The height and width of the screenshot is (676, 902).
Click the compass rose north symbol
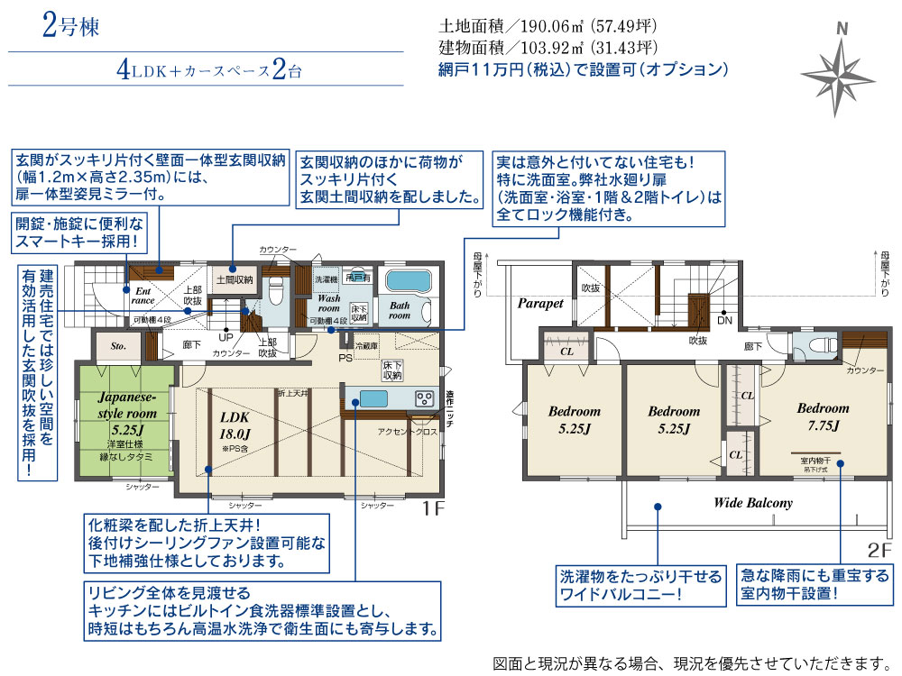841,72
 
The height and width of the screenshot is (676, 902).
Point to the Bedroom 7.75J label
823,416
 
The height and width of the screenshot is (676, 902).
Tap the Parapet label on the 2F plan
540,304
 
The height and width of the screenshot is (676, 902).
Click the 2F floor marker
879,547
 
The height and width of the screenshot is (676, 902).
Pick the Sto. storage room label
118,344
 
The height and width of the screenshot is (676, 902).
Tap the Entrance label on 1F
143,296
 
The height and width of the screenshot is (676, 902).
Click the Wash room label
328,303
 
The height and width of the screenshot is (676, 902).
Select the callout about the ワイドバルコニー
641,585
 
